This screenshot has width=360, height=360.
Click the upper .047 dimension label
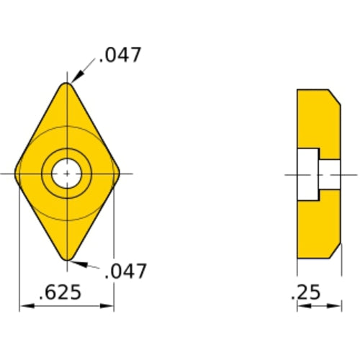coord(122,55)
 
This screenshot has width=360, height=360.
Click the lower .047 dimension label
coord(126,271)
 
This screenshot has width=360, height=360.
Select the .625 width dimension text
coord(60,293)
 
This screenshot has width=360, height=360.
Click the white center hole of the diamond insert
coord(66,174)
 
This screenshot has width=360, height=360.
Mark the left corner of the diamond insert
coord(19,174)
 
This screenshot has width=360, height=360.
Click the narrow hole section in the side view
coord(330,174)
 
